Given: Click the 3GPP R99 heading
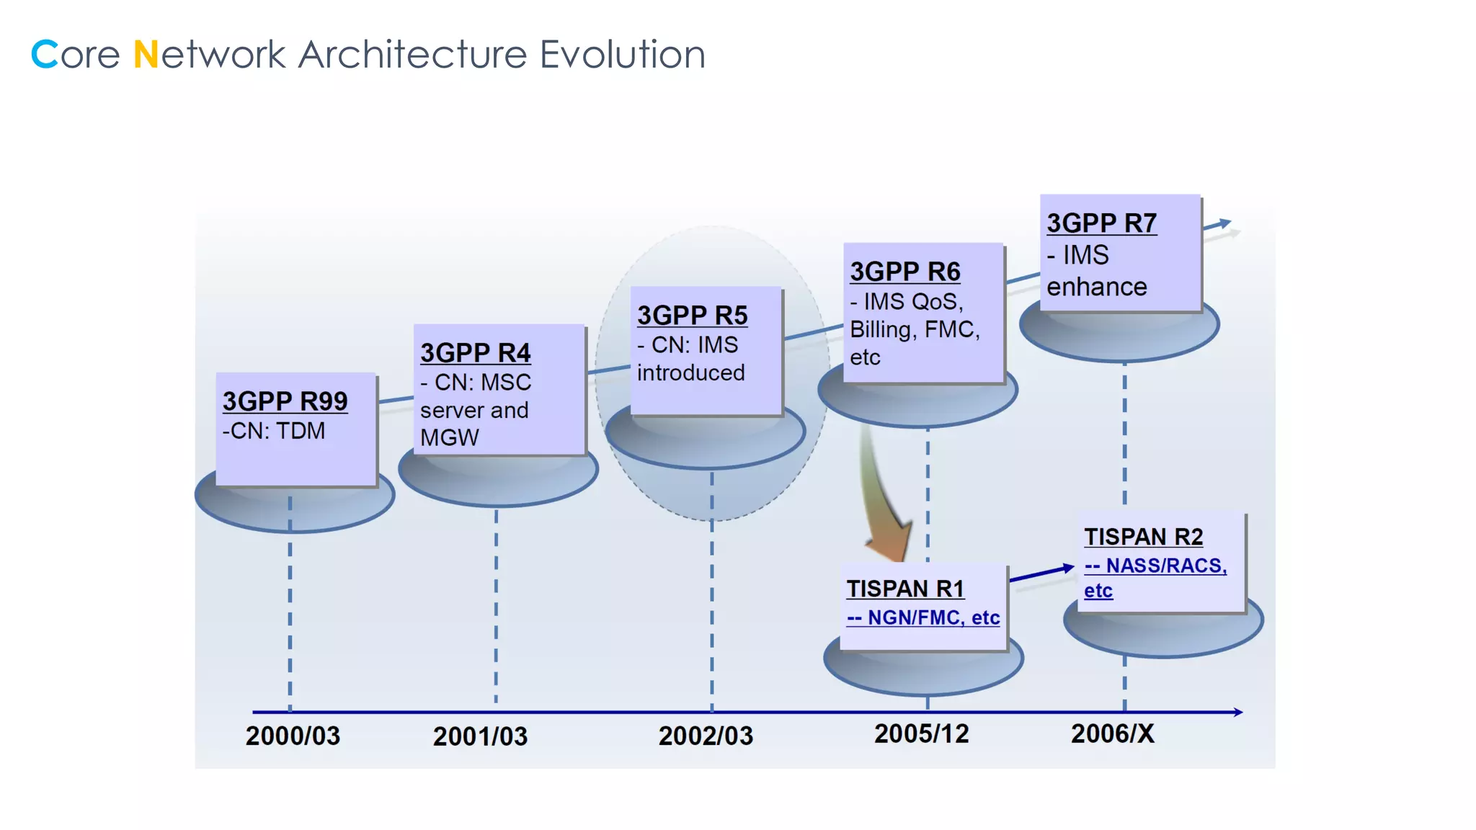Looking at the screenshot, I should pyautogui.click(x=285, y=401).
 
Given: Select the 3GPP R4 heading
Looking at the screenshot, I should pyautogui.click(x=475, y=353).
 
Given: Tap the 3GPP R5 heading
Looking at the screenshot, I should pyautogui.click(x=692, y=316).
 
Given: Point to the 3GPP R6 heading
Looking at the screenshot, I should pyautogui.click(x=904, y=272).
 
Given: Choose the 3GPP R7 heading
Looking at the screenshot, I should pyautogui.click(x=1101, y=223).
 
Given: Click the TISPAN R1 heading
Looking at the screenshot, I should pyautogui.click(x=905, y=589).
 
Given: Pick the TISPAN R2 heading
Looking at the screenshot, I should pyautogui.click(x=1143, y=537).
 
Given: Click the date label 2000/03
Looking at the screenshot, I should pyautogui.click(x=293, y=736).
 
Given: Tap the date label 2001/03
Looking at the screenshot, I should pyautogui.click(x=480, y=736).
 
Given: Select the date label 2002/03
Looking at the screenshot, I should pyautogui.click(x=706, y=736).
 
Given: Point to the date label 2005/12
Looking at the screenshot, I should pyautogui.click(x=921, y=733).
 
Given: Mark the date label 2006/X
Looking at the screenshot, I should pyautogui.click(x=1112, y=733).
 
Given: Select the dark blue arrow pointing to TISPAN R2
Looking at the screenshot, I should pyautogui.click(x=1043, y=574).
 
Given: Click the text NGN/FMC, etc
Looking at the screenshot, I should pyautogui.click(x=933, y=617).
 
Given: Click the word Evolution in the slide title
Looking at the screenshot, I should pyautogui.click(x=622, y=55).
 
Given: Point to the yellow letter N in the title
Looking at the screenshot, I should pyautogui.click(x=146, y=55).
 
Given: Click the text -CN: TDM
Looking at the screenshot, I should pyautogui.click(x=274, y=431).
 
